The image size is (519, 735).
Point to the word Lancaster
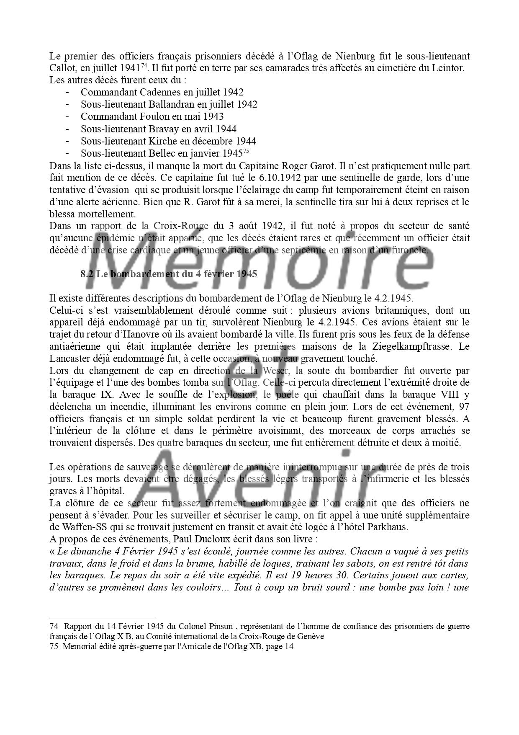pos(69,359)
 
